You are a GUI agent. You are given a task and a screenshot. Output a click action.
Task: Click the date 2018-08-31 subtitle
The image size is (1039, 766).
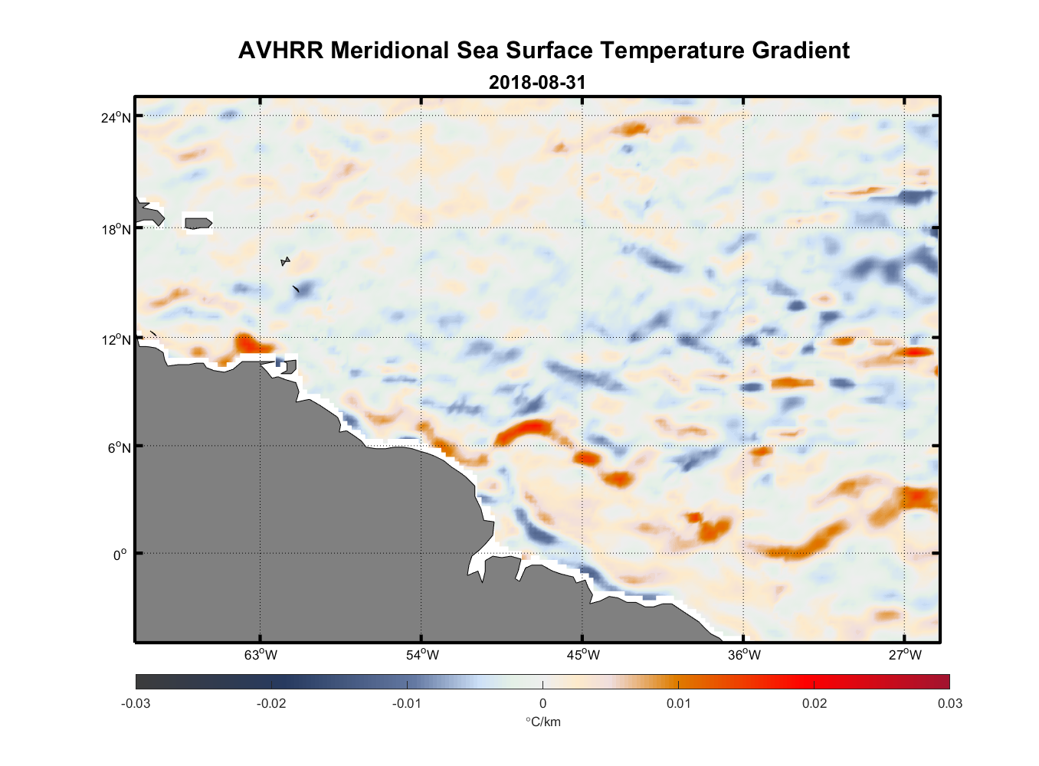537,83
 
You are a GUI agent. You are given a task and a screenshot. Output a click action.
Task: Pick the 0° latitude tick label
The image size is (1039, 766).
120,555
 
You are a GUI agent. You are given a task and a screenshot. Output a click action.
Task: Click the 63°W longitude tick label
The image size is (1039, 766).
261,655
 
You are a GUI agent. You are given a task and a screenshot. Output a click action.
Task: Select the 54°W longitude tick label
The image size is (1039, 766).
422,655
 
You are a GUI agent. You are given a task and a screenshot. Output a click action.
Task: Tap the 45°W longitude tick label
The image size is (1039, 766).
583,655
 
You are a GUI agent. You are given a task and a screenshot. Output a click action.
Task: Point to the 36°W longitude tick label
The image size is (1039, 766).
744,655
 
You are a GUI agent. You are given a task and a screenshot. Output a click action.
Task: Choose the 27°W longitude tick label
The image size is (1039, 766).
905,655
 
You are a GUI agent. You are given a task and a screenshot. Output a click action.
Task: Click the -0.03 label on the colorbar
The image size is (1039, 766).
136,703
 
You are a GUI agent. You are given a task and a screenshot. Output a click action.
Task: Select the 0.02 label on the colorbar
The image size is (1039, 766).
814,703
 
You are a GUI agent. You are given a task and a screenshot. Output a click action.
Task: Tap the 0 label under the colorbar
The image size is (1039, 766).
542,703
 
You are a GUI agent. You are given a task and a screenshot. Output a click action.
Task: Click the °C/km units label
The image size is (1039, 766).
542,722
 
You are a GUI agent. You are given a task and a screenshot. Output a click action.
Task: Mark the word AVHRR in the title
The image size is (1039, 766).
281,51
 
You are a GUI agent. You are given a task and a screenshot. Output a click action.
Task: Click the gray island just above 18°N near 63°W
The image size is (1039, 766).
198,223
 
